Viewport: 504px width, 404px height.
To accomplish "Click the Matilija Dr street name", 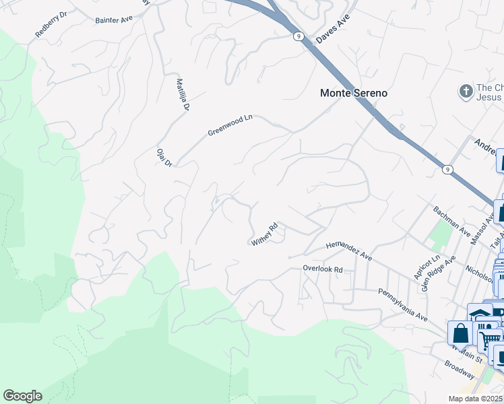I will tap(184, 95).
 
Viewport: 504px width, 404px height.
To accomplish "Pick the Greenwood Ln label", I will tap(229, 125).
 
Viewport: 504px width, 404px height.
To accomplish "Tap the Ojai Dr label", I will tap(165, 158).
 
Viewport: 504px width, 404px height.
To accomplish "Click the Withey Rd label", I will tap(265, 234).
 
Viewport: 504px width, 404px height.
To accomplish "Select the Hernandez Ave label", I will tap(348, 252).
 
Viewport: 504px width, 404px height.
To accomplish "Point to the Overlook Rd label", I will tap(323, 269).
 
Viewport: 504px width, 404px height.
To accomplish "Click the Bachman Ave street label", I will tap(452, 221).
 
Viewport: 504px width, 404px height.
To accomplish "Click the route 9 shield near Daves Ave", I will tap(296, 36).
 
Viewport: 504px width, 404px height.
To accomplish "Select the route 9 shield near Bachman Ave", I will tap(447, 170).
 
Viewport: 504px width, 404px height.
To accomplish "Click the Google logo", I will tap(22, 396).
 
